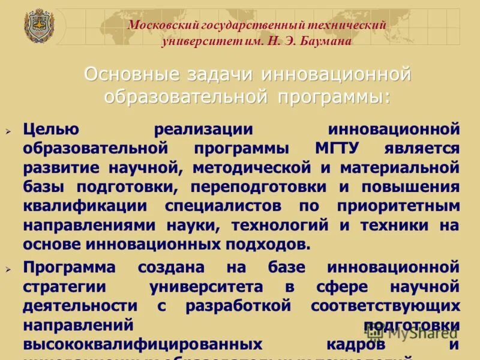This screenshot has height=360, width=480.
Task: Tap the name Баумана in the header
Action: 323,41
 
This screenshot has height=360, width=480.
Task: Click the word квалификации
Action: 85,206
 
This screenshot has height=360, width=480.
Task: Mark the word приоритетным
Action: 398,206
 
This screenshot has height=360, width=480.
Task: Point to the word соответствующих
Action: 385,305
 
